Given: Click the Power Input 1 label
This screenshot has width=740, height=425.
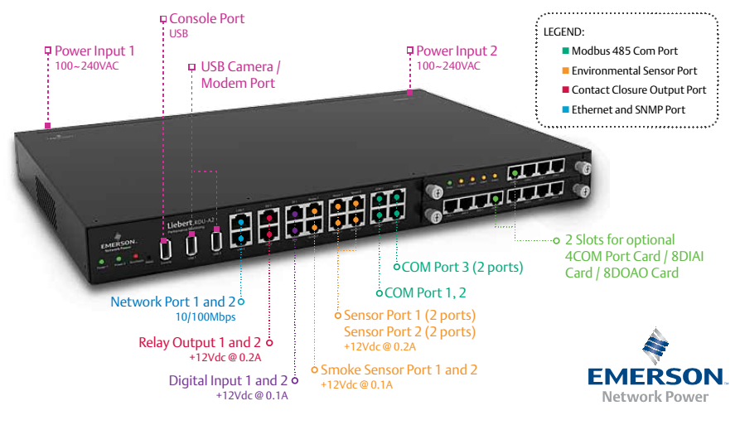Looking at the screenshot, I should click(x=94, y=51).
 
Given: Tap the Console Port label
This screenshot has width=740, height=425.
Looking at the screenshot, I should click(x=206, y=18).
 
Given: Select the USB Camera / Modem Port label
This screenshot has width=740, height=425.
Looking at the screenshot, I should click(x=240, y=75).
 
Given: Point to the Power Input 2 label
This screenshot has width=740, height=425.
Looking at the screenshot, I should click(x=457, y=51).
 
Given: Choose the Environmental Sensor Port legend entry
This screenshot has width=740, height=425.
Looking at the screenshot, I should click(x=634, y=71).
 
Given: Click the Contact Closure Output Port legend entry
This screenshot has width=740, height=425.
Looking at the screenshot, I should click(x=639, y=90).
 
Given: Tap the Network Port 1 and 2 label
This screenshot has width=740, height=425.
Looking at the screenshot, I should click(x=172, y=302).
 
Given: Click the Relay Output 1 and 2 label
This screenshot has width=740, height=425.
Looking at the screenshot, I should click(x=200, y=342).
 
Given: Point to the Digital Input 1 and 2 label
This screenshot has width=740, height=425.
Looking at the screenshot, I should click(x=228, y=381).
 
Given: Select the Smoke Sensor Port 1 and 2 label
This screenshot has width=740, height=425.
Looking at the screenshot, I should click(x=399, y=370).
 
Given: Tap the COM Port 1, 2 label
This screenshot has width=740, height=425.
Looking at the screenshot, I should click(x=425, y=292).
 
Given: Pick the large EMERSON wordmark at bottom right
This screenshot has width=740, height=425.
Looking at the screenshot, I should click(x=654, y=377).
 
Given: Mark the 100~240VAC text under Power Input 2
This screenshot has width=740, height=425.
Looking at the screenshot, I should click(x=448, y=66).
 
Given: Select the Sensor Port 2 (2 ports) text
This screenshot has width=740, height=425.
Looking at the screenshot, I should click(x=409, y=332).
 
